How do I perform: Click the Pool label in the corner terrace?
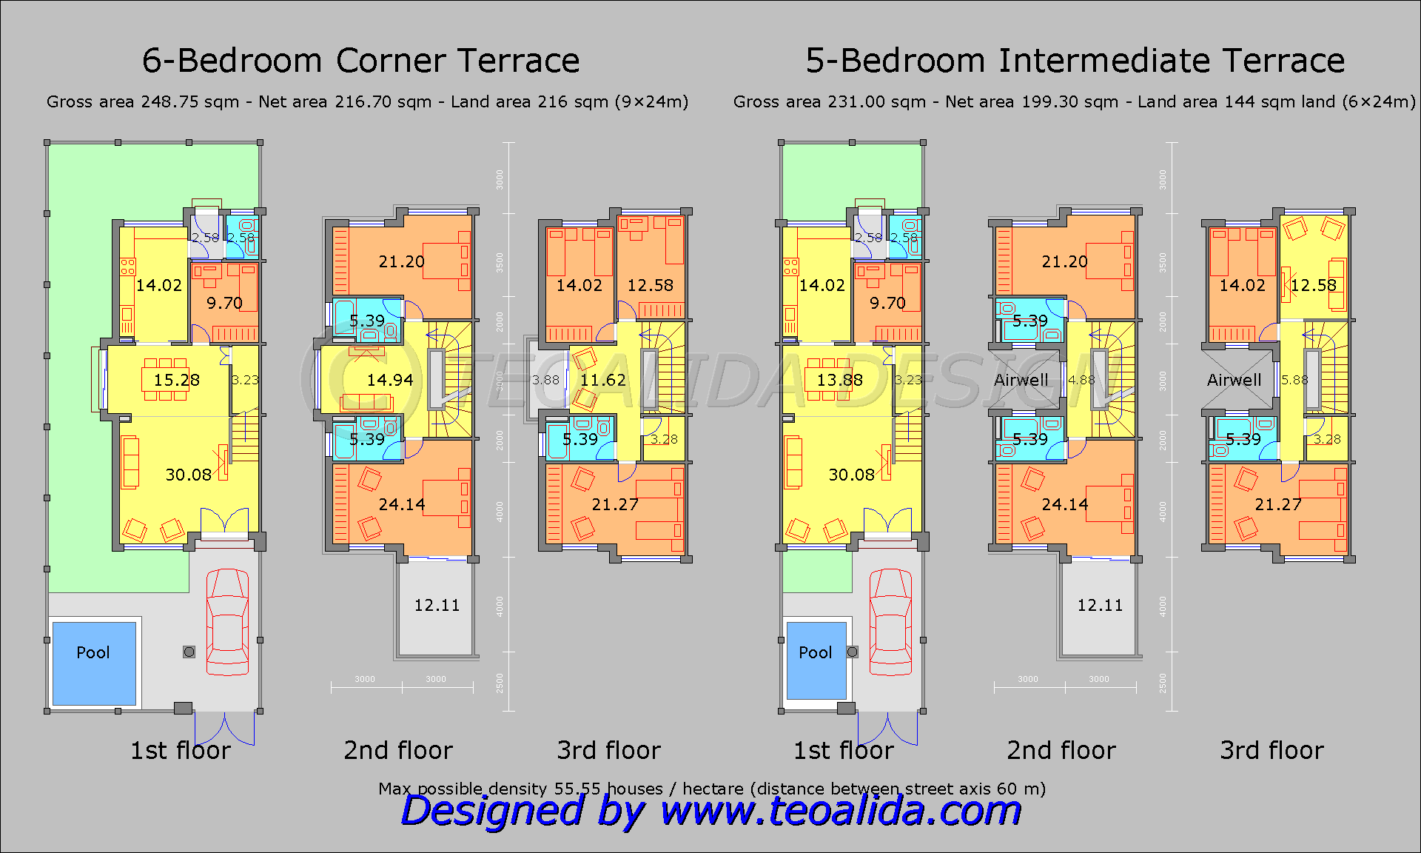pos(93,652)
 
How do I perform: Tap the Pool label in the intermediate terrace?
pos(815,652)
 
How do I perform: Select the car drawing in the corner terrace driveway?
pos(226,622)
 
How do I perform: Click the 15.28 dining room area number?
pos(176,380)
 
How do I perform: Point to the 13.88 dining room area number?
pos(839,380)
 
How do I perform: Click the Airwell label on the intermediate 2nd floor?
pos(1021,380)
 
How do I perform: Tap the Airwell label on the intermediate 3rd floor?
pos(1234,380)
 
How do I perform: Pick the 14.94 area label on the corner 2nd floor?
pos(389,380)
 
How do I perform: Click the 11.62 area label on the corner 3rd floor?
pos(602,380)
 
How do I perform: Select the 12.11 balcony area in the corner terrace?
pos(437,605)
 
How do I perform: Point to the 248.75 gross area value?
pos(170,101)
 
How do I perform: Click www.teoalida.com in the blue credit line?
pos(840,811)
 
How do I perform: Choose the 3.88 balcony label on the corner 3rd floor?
pos(546,380)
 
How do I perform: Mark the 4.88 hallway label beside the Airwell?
pos(1081,380)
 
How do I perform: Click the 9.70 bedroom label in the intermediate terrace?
pos(887,303)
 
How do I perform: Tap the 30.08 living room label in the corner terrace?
pos(188,475)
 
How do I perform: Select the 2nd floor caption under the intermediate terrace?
pos(1061,750)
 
